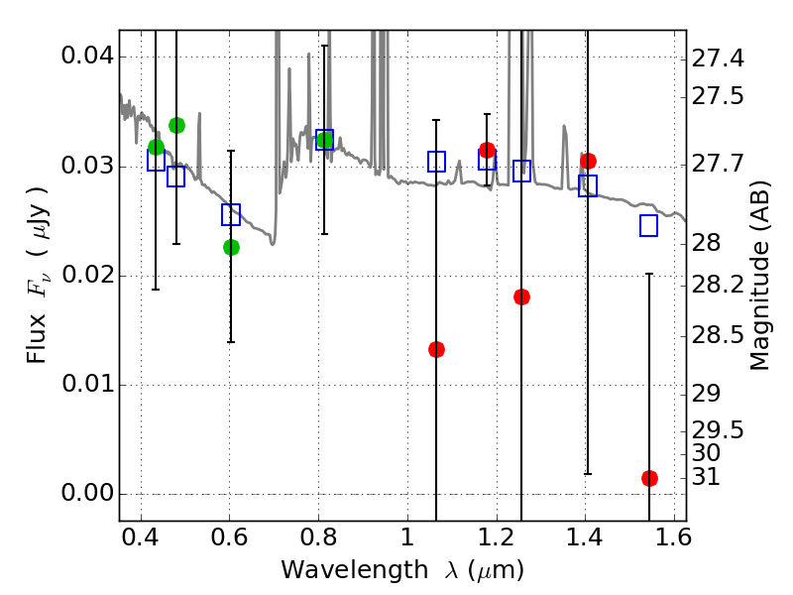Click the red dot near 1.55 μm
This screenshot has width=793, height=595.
click(649, 478)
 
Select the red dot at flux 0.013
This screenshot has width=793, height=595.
click(436, 349)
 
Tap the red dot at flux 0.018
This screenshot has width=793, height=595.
click(521, 297)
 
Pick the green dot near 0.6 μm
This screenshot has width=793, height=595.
click(231, 247)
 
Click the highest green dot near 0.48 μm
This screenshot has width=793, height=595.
click(176, 125)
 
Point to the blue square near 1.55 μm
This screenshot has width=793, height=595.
click(649, 225)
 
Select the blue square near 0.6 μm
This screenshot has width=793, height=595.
click(231, 214)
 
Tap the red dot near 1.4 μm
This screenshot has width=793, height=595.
click(588, 161)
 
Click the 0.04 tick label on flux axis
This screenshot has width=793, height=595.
click(87, 57)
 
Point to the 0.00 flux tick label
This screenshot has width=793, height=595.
click(87, 494)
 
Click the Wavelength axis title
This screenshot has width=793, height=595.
click(401, 570)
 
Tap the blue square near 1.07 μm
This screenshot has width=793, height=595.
click(436, 161)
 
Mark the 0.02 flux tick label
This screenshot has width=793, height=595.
click(87, 276)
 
